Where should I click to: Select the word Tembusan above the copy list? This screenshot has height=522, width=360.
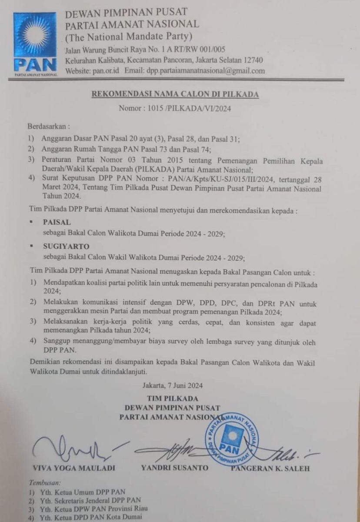(x=45, y=482)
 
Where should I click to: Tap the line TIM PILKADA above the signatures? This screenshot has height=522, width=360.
(x=172, y=398)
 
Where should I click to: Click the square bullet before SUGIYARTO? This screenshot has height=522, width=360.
(x=32, y=247)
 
